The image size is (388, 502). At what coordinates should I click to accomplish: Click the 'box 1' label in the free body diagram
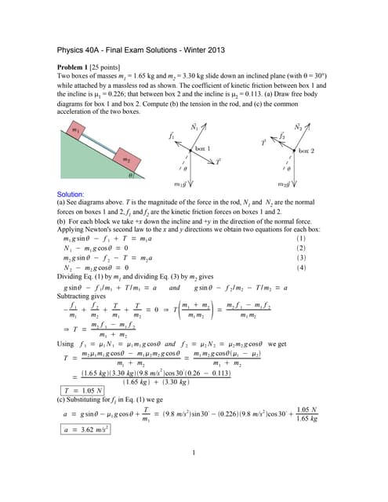tap(203, 149)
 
